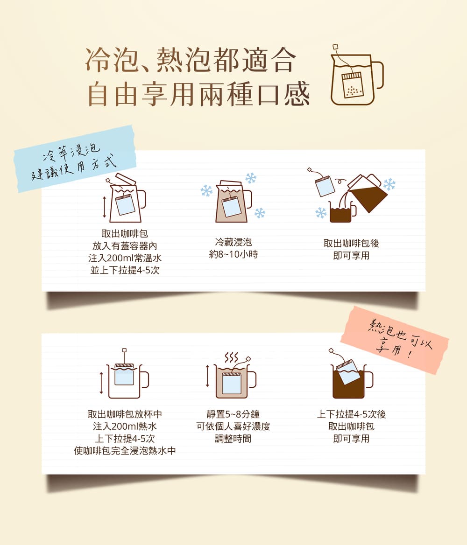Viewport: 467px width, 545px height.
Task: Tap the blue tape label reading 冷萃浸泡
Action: click(x=74, y=159)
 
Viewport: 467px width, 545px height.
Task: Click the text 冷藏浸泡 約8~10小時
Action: click(x=233, y=248)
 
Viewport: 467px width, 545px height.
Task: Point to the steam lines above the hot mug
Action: click(x=232, y=357)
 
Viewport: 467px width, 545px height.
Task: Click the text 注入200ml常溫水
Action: click(x=125, y=258)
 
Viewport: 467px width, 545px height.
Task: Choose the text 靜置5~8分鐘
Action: click(x=233, y=414)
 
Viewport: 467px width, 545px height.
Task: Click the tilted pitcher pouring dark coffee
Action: click(x=367, y=193)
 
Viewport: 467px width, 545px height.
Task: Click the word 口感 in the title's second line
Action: click(x=283, y=94)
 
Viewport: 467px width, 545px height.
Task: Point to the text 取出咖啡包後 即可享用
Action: click(x=351, y=249)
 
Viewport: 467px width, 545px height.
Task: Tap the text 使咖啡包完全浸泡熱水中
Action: click(x=125, y=451)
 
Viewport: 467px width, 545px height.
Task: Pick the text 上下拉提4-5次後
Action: click(x=351, y=414)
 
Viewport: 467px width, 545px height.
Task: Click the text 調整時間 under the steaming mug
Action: click(x=233, y=439)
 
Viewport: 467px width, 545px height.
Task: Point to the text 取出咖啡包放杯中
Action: click(x=125, y=414)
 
